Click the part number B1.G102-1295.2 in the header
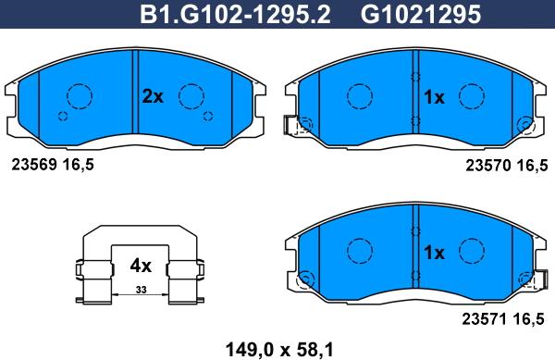235,15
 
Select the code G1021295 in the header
421,15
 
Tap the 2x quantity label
153,96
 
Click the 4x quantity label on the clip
141,266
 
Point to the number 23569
34,165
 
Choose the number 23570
488,166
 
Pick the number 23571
485,319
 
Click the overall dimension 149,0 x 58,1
279,350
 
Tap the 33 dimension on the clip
141,290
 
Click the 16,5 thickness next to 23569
79,165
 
